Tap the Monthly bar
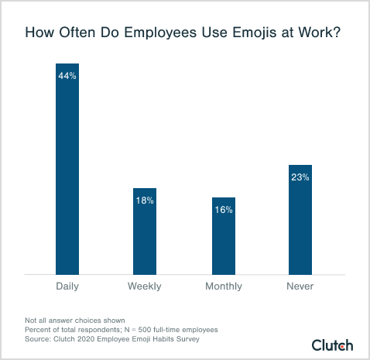point(224,235)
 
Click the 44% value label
point(67,76)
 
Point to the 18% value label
point(145,201)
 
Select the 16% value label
point(224,210)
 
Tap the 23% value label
point(300,177)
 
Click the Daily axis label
point(67,286)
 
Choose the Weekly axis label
point(145,286)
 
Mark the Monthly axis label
point(224,286)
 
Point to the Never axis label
point(300,286)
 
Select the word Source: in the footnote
point(37,339)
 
